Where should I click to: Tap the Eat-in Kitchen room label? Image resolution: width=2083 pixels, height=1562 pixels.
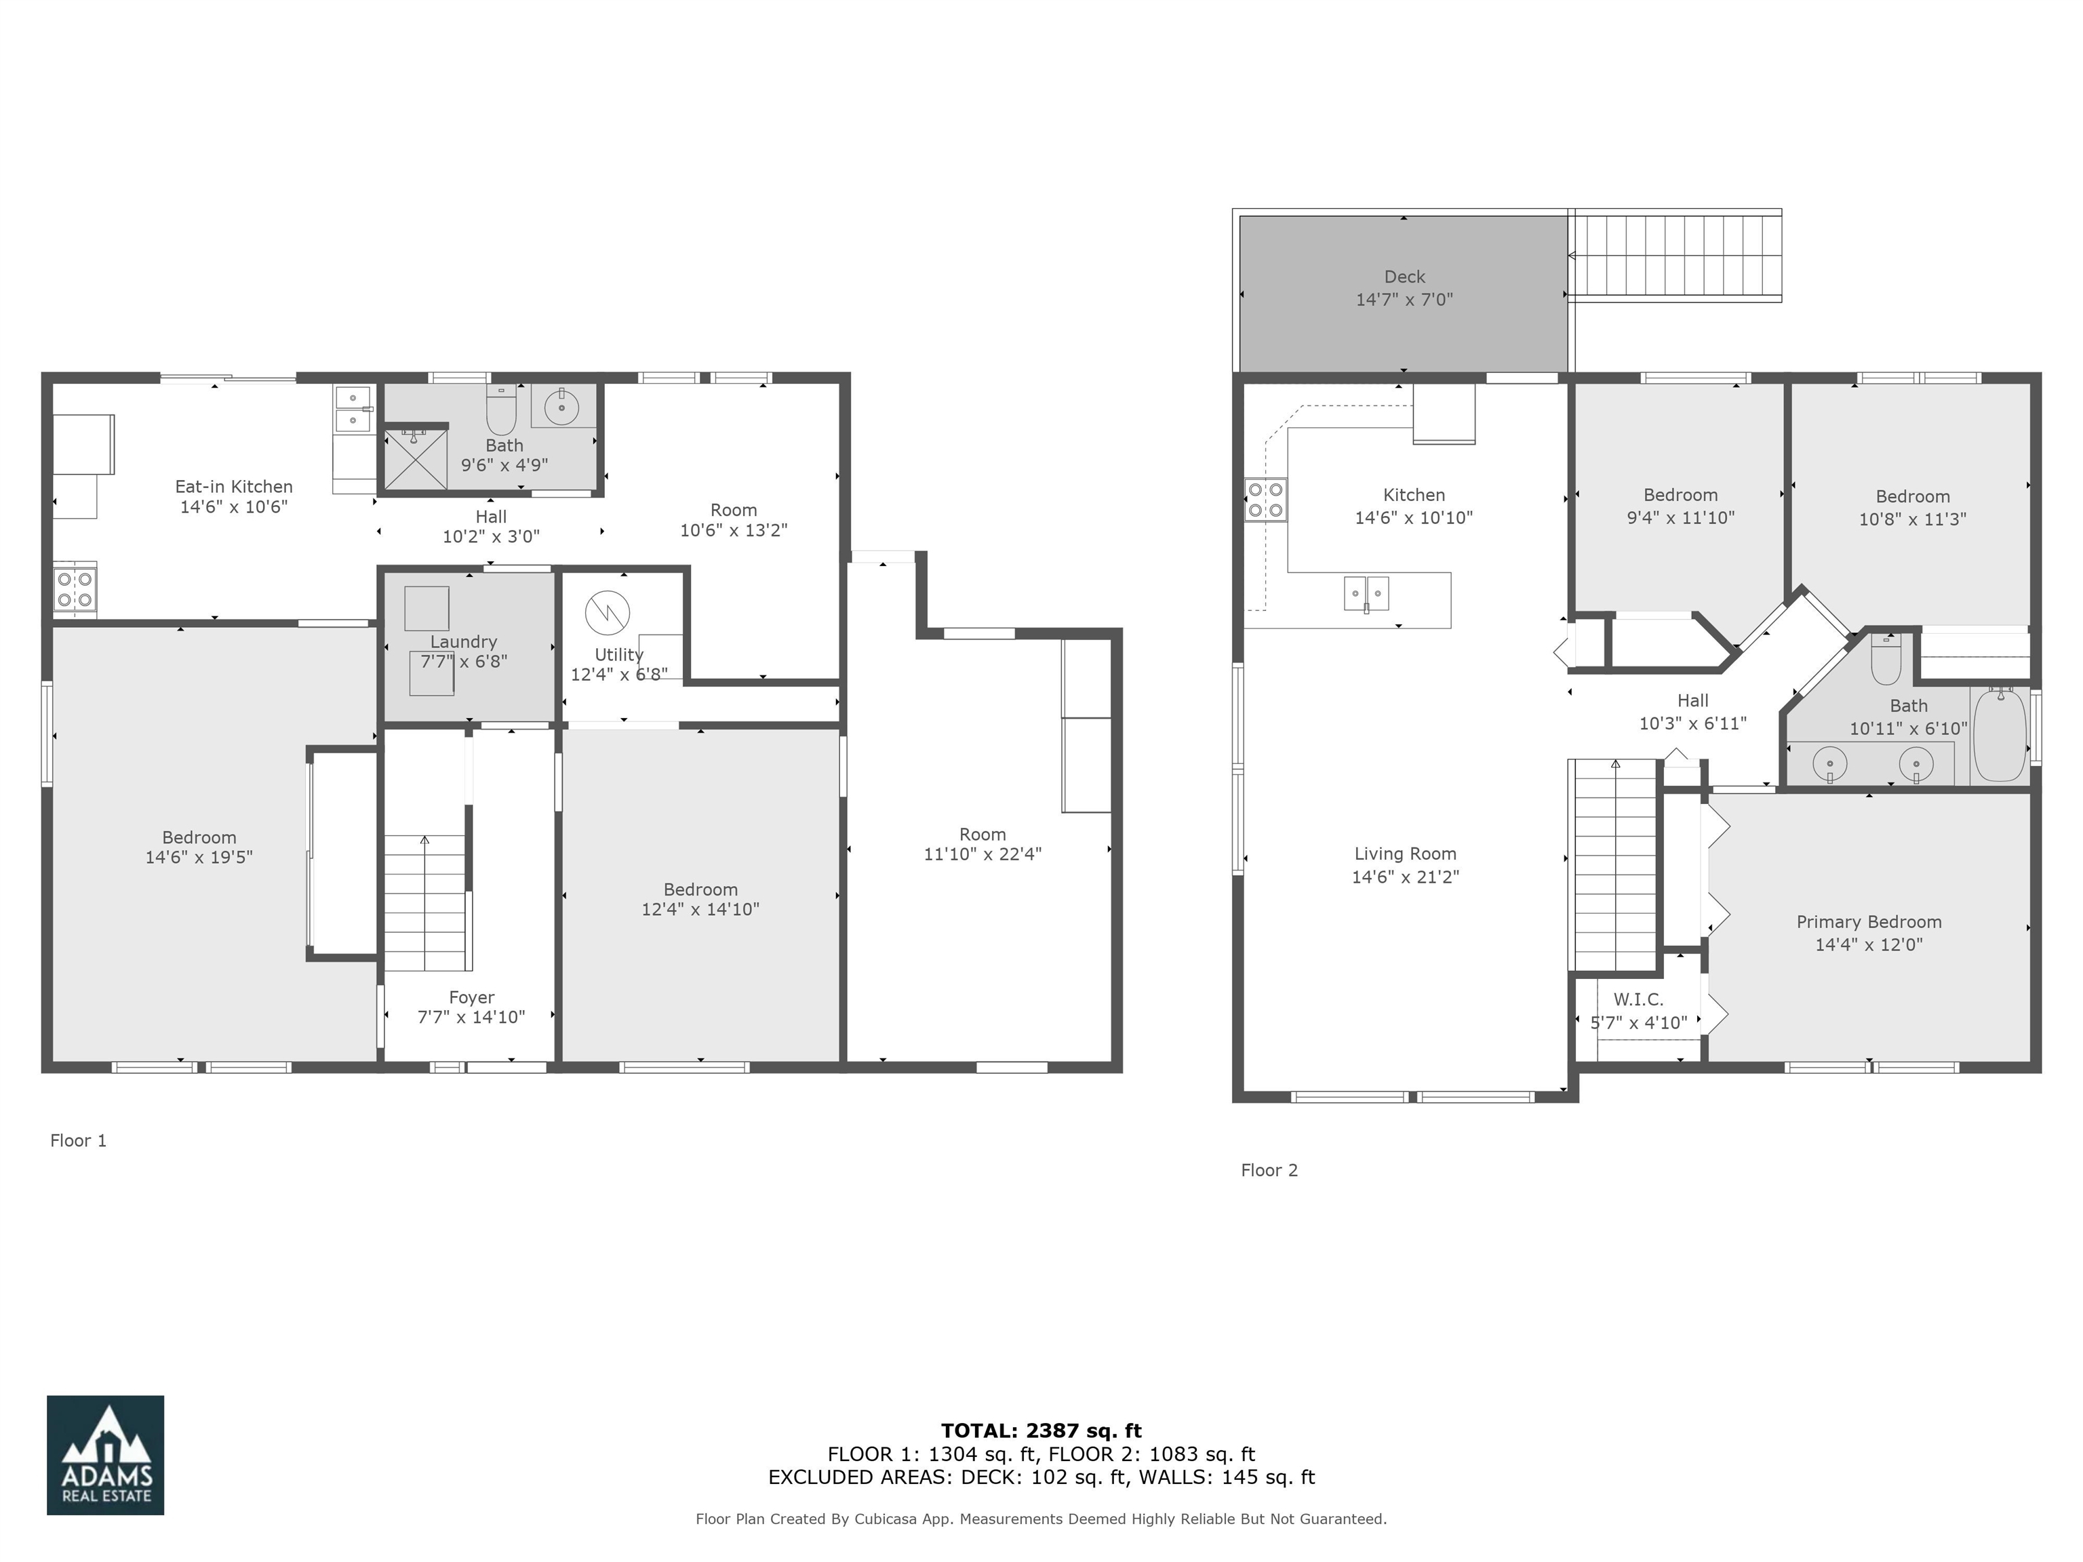(x=233, y=487)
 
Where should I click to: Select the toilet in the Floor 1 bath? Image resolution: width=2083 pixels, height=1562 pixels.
(x=501, y=412)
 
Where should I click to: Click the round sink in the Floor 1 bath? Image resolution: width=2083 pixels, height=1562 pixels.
(x=561, y=407)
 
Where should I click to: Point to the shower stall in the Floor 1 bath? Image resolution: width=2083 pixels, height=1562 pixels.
(x=414, y=460)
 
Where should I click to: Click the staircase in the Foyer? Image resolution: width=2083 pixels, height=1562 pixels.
(x=426, y=904)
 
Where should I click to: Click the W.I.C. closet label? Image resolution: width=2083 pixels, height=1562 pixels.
(x=1638, y=1000)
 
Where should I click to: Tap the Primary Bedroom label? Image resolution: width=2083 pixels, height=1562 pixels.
(x=1868, y=922)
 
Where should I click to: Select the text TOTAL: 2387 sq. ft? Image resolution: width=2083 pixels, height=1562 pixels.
(x=1041, y=1431)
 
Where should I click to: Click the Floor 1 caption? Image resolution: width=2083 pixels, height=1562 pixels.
(x=78, y=1140)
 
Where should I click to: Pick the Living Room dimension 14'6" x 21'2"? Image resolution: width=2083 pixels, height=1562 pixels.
(x=1404, y=877)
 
